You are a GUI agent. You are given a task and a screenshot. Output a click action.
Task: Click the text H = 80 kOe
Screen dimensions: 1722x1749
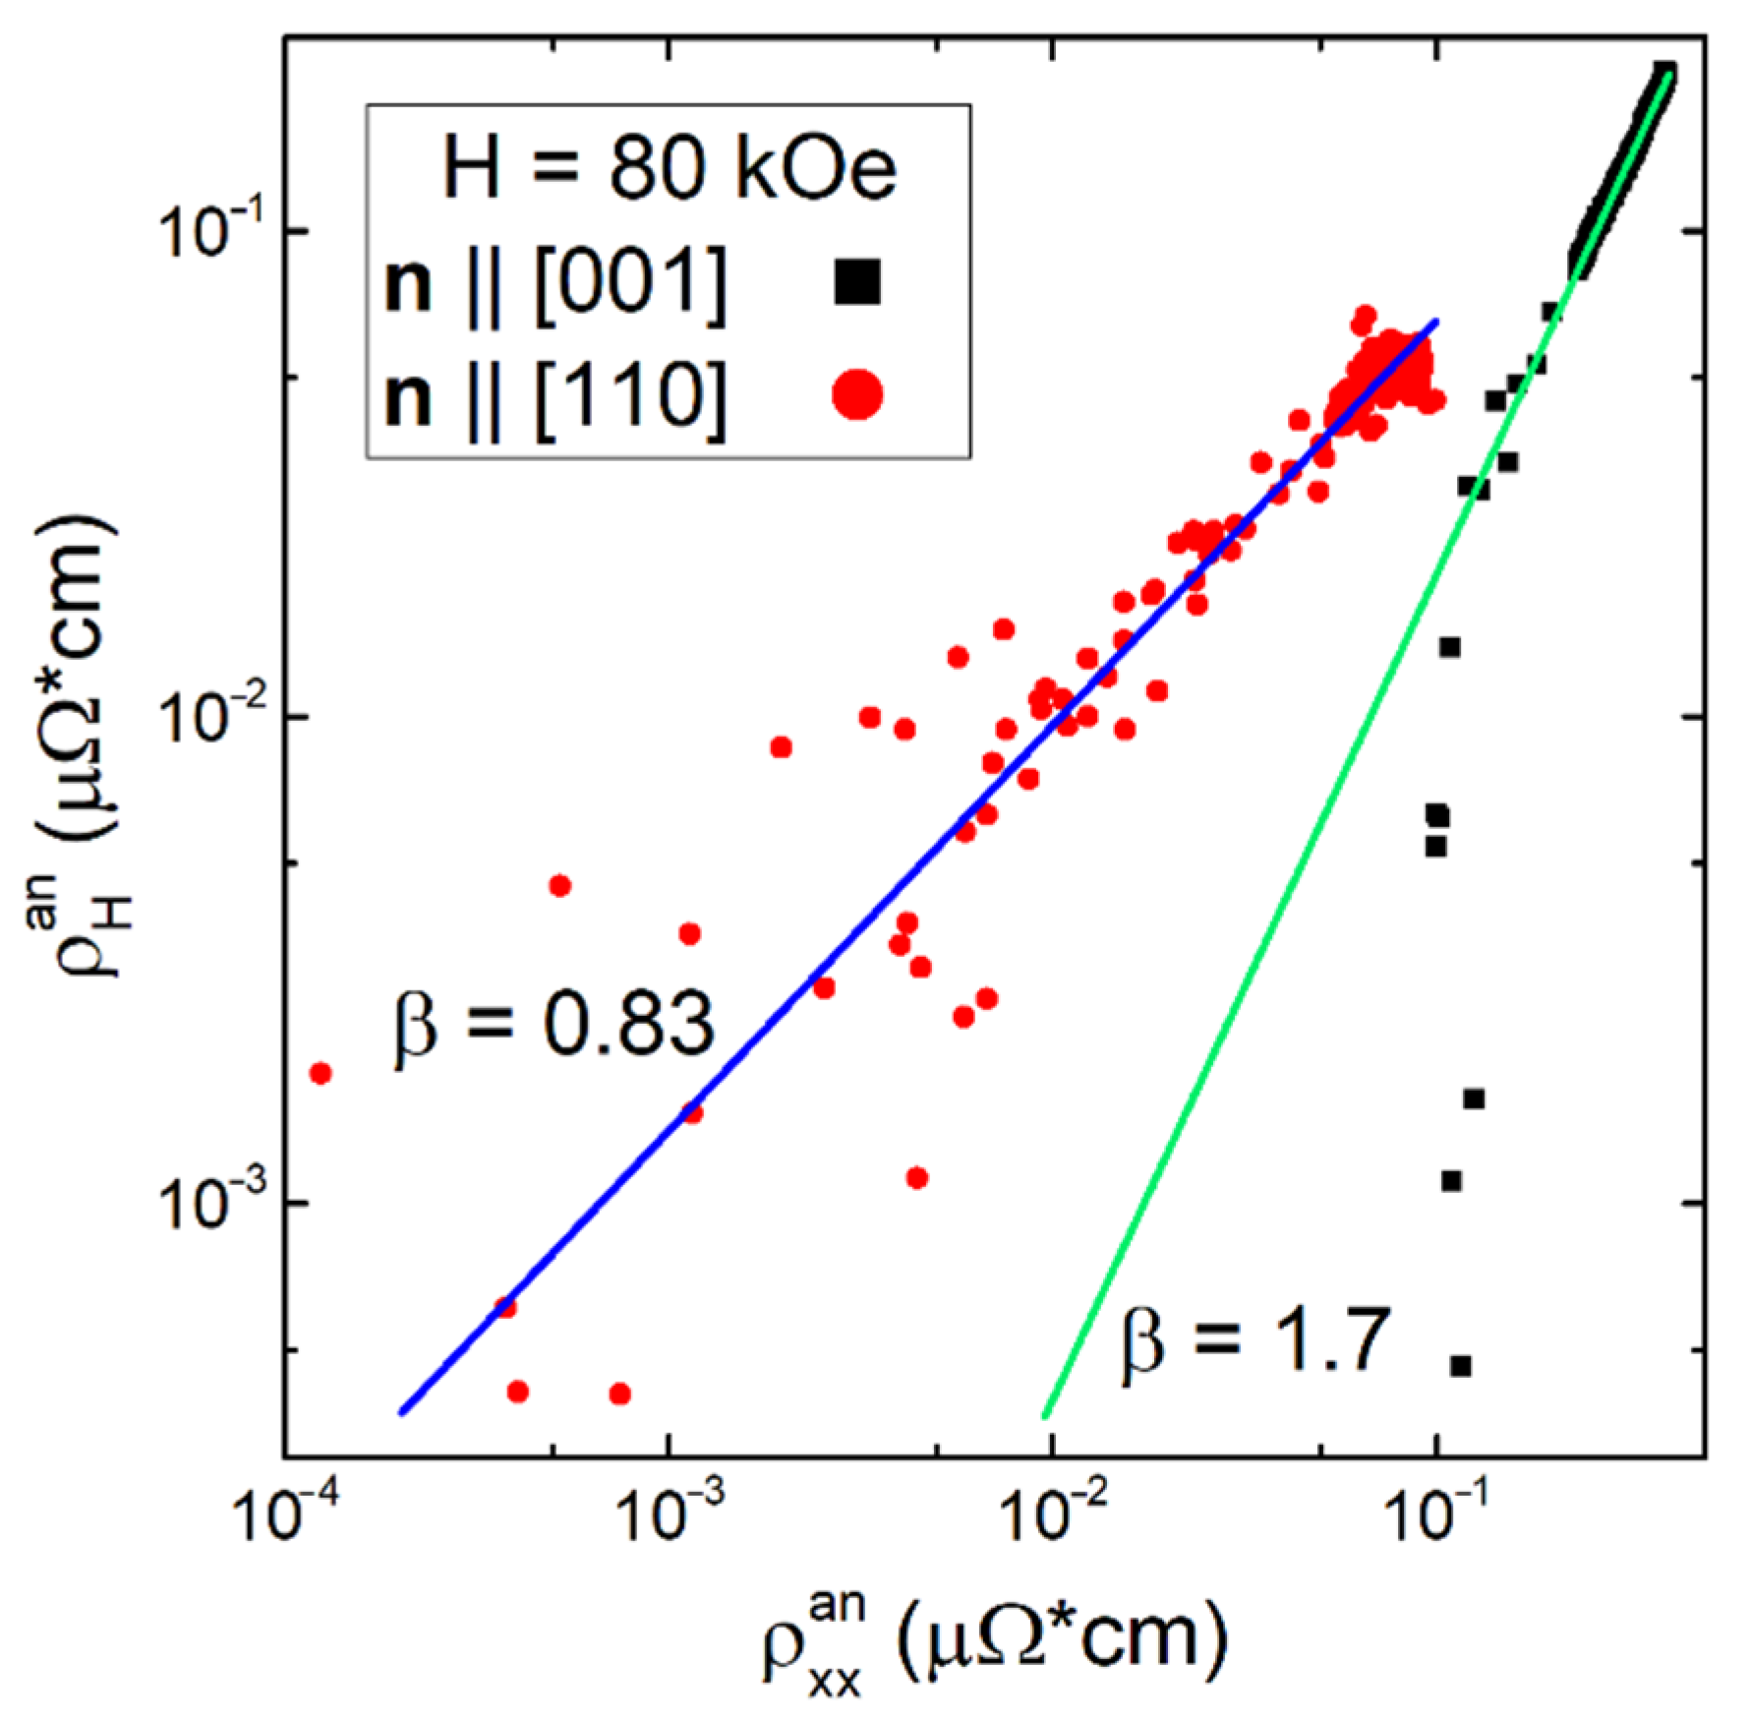click(x=670, y=169)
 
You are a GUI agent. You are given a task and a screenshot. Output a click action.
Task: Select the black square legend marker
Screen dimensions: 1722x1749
click(x=857, y=281)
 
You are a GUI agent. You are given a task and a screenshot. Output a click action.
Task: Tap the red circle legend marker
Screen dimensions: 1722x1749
click(x=857, y=395)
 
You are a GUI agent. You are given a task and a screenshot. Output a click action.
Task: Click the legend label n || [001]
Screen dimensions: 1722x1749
click(x=556, y=285)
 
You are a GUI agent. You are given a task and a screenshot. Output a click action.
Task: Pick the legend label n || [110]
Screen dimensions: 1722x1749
click(x=556, y=398)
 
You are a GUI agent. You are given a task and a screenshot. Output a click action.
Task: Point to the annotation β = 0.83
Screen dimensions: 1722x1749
click(x=554, y=1026)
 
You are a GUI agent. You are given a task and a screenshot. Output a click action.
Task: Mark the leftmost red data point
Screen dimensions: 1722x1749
click(x=320, y=1073)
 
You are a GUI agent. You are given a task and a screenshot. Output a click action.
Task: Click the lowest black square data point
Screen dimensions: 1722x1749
click(x=1461, y=1365)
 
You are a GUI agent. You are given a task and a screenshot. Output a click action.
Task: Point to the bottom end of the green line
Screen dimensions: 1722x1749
click(x=1044, y=1417)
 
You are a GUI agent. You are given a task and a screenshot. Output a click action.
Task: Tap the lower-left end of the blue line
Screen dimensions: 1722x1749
click(x=400, y=1413)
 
